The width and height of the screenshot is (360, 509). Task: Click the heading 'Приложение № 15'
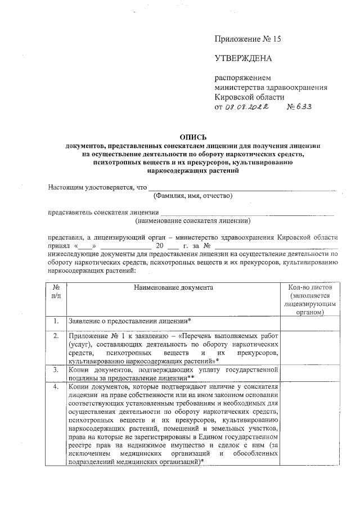coord(247,39)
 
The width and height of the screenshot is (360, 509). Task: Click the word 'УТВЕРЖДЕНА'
coord(243,58)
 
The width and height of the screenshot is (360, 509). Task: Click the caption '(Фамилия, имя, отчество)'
coord(192,196)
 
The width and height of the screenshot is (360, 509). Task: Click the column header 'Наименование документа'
coord(173,287)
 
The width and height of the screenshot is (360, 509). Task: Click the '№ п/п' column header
coord(56,291)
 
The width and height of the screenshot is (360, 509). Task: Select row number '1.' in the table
coord(56,321)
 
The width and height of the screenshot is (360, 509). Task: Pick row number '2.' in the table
coord(56,335)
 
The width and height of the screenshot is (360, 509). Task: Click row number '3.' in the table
coord(56,371)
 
